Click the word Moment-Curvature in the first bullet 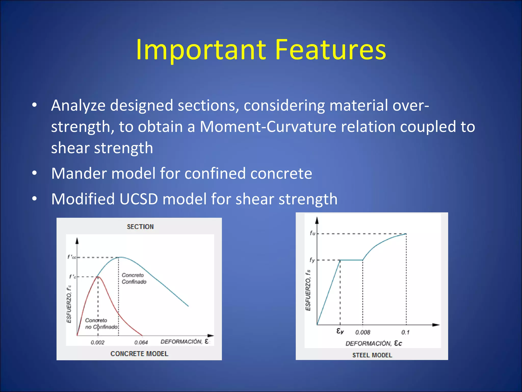pyautogui.click(x=268, y=127)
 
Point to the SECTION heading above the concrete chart pyautogui.click(x=140, y=227)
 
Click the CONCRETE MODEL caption pyautogui.click(x=139, y=354)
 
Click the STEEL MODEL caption pyautogui.click(x=372, y=355)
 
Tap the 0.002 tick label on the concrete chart pyautogui.click(x=98, y=342)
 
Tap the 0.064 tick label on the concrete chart pyautogui.click(x=141, y=342)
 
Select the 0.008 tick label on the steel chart pyautogui.click(x=362, y=332)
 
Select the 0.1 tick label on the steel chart pyautogui.click(x=405, y=332)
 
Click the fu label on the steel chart pyautogui.click(x=312, y=233)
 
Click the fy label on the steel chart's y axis pyautogui.click(x=312, y=260)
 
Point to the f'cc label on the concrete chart pyautogui.click(x=72, y=257)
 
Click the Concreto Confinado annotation pyautogui.click(x=134, y=278)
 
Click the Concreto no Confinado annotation pyautogui.click(x=101, y=324)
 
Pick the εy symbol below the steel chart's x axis pyautogui.click(x=340, y=331)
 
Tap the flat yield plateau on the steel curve pyautogui.click(x=351, y=260)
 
